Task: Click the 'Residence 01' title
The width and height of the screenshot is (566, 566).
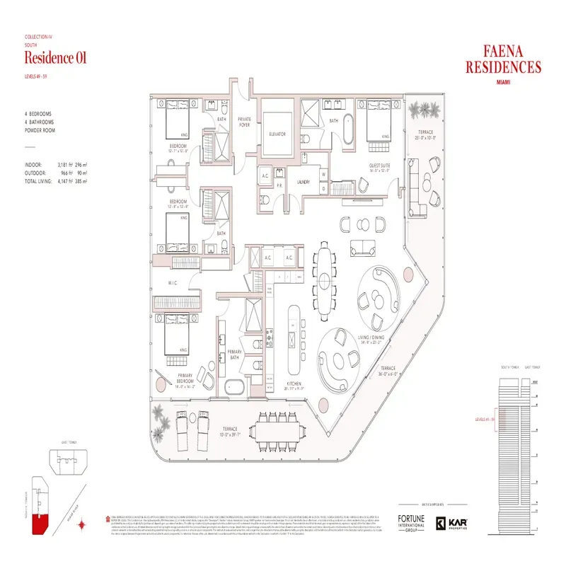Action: [55, 58]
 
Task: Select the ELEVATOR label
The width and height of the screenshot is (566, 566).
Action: [277, 134]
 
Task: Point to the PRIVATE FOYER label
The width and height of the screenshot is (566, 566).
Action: [244, 122]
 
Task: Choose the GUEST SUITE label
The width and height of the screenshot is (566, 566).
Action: [380, 168]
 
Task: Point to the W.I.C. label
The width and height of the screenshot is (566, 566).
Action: [173, 283]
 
